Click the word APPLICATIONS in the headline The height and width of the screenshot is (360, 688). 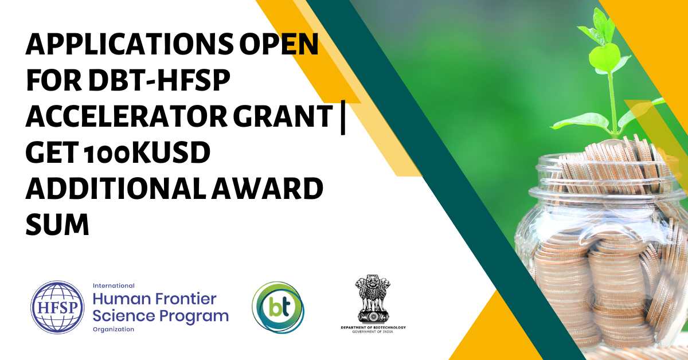[x=130, y=44]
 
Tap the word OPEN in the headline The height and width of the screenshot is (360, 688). [x=279, y=44]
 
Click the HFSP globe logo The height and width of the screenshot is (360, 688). [x=57, y=307]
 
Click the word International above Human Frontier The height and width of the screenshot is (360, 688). [x=114, y=285]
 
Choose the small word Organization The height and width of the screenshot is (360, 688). [x=114, y=329]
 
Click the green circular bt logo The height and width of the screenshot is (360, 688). [x=278, y=307]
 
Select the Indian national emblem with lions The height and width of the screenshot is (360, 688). [x=373, y=299]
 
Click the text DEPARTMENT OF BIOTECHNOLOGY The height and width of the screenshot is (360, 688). [x=373, y=327]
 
